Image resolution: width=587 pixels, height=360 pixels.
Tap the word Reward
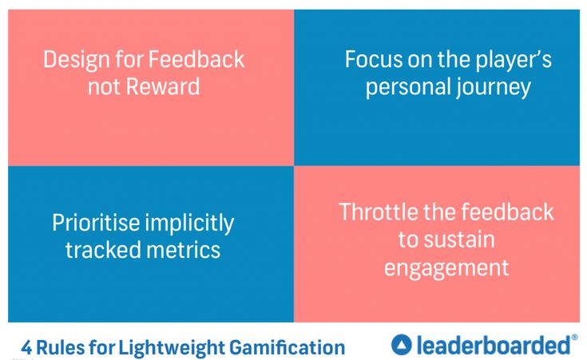point(166,86)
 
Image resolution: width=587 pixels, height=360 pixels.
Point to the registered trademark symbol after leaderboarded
point(574,338)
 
